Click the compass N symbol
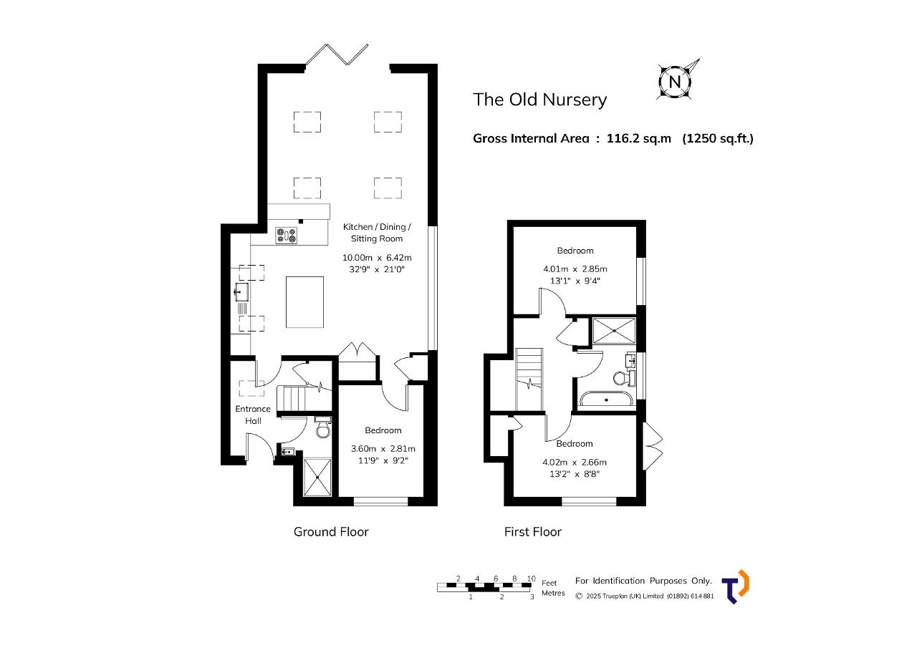pyautogui.click(x=675, y=82)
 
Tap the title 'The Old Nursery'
pyautogui.click(x=539, y=100)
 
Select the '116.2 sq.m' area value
pyautogui.click(x=638, y=139)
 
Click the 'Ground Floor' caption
pyautogui.click(x=331, y=532)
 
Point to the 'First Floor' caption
pyautogui.click(x=532, y=532)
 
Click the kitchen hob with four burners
pyautogui.click(x=287, y=236)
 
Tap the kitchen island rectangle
pyautogui.click(x=304, y=302)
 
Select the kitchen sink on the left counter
pyautogui.click(x=241, y=292)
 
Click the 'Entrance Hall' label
pyautogui.click(x=253, y=415)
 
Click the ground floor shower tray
pyautogui.click(x=317, y=477)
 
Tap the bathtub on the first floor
pyautogui.click(x=606, y=400)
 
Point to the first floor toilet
pyautogui.click(x=623, y=378)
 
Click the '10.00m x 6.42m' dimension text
pyautogui.click(x=377, y=258)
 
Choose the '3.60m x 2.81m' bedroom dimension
pyautogui.click(x=383, y=449)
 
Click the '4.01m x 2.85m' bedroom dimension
pyautogui.click(x=575, y=269)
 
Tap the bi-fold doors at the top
pyautogui.click(x=337, y=54)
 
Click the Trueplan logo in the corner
pyautogui.click(x=736, y=586)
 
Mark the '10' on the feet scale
pyautogui.click(x=531, y=579)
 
